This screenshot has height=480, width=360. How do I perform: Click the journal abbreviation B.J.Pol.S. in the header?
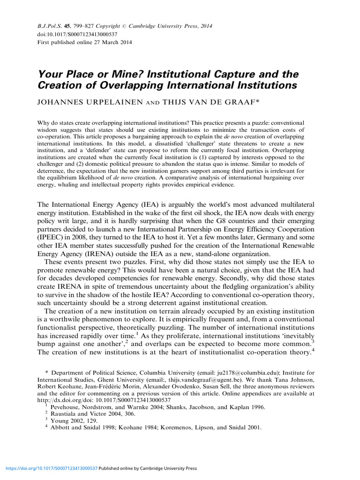pyautogui.click(x=51, y=27)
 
